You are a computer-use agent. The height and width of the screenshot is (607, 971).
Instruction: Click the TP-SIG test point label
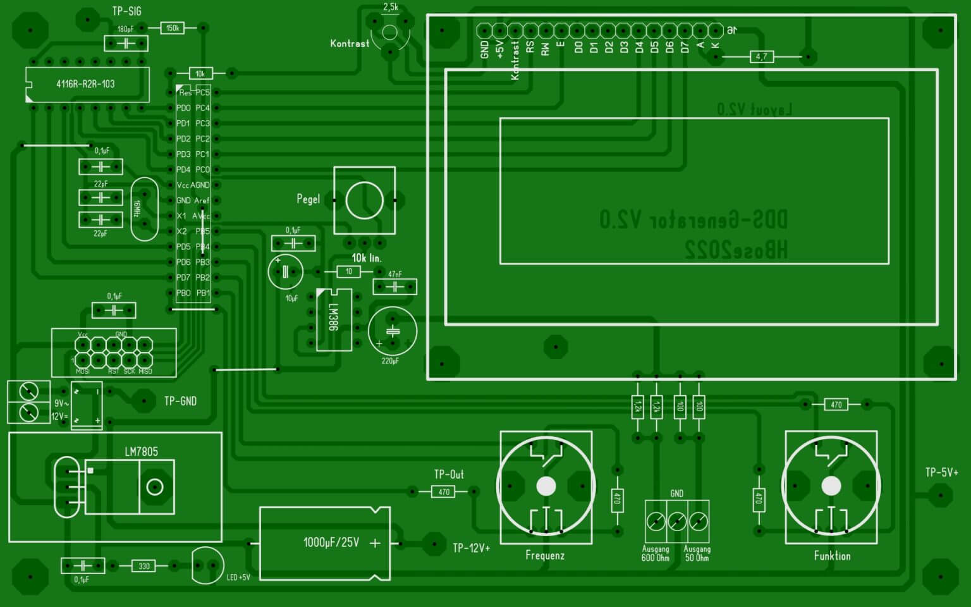point(126,11)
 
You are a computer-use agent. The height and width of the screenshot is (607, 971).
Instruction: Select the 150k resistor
point(172,28)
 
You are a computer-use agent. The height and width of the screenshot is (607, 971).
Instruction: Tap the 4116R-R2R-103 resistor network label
point(85,84)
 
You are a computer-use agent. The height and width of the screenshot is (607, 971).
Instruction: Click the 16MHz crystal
point(144,209)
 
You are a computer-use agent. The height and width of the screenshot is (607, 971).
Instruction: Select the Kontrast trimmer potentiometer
point(390,33)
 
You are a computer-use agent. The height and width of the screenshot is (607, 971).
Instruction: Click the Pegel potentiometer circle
point(364,200)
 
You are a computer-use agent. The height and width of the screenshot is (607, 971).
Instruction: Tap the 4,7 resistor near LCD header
point(761,57)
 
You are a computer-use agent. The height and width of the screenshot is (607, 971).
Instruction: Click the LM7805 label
point(141,451)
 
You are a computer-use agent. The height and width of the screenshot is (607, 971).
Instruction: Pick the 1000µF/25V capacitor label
point(331,543)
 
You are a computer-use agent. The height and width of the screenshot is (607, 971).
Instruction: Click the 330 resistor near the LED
point(144,566)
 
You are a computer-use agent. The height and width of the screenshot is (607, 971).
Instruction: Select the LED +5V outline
point(207,565)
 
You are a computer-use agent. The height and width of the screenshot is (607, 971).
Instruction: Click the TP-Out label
point(449,474)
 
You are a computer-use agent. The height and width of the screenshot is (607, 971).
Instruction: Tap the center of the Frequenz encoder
point(546,486)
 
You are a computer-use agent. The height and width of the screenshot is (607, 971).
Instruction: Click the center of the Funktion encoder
point(831,486)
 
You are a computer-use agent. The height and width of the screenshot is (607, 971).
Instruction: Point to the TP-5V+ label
point(941,472)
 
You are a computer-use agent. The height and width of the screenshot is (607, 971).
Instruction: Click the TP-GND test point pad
point(144,401)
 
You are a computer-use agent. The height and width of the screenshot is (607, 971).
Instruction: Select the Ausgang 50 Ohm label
point(697,554)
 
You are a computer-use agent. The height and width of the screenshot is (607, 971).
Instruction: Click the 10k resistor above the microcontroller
point(200,74)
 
